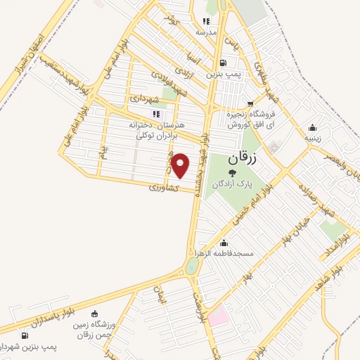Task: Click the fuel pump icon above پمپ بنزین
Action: [x=223, y=63]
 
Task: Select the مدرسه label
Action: [x=216, y=32]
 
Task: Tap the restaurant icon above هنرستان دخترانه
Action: [x=155, y=113]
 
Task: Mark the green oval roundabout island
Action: [x=191, y=266]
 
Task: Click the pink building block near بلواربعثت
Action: [x=217, y=314]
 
